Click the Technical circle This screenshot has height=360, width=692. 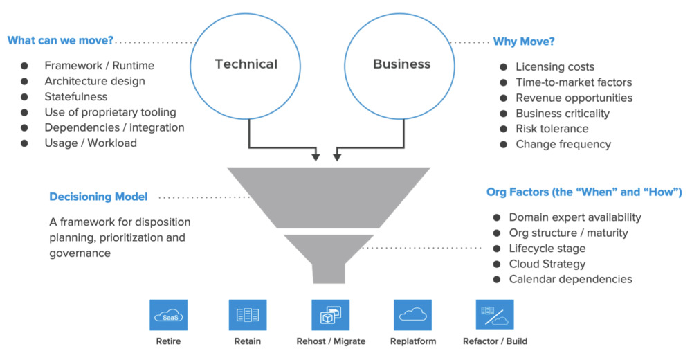246,64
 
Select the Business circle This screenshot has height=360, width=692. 401,64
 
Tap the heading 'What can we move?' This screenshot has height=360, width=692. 60,40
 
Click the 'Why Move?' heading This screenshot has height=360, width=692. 524,42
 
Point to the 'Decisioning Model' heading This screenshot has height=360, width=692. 98,197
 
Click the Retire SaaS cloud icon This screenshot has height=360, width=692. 168,315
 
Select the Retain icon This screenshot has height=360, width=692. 247,315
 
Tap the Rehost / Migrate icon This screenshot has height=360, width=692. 330,315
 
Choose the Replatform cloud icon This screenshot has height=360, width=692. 412,315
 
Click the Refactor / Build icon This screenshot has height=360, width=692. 495,315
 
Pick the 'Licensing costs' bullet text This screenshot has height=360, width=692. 555,67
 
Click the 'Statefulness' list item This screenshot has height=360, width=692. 76,97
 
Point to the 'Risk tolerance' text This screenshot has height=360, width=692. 552,129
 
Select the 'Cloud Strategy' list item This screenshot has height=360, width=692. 547,264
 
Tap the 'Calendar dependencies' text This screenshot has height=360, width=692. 571,279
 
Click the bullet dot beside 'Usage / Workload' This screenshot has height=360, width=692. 24,143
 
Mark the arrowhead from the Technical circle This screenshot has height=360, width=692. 316,157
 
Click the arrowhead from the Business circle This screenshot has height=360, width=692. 337,157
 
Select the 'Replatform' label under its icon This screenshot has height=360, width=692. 412,341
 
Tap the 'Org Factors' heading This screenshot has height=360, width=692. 584,192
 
